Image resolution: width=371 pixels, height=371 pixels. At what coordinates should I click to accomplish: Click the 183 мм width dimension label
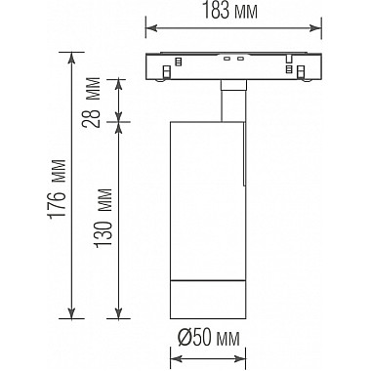[x=230, y=12]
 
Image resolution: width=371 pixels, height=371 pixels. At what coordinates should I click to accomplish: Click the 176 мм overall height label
[x=57, y=188]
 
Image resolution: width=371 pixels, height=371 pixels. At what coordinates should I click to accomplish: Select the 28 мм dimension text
[x=92, y=102]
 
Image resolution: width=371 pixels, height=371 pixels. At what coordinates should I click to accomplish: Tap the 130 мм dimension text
[x=103, y=218]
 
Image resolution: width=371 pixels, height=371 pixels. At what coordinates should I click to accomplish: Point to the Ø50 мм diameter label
[x=209, y=339]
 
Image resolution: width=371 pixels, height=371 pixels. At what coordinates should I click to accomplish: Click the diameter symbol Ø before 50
[x=185, y=339]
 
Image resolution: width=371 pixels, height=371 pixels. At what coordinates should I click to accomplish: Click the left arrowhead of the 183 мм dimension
[x=151, y=28]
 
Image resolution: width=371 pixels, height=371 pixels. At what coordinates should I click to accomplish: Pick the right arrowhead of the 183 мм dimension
[x=316, y=28]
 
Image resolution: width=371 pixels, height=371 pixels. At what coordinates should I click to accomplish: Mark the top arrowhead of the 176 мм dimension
[x=71, y=58]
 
